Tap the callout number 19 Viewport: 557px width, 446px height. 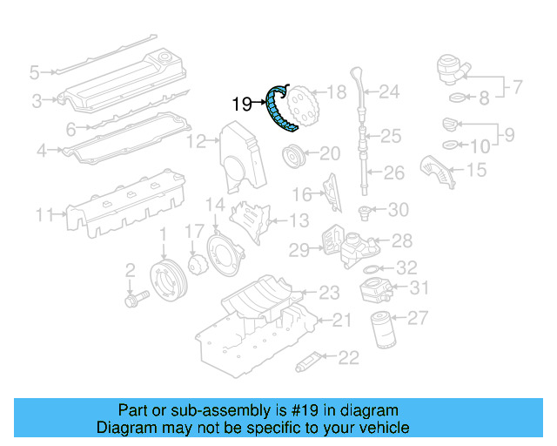(x=242, y=105)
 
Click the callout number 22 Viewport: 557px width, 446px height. (x=348, y=356)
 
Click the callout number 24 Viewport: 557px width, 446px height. (x=388, y=91)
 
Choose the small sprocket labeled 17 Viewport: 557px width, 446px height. (x=197, y=262)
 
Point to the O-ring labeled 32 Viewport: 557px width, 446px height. (x=369, y=268)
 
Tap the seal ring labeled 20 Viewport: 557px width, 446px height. (x=294, y=158)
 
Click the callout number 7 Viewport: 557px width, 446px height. (x=515, y=87)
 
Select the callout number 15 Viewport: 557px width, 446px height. (x=475, y=169)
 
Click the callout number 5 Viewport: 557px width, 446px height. (x=35, y=71)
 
